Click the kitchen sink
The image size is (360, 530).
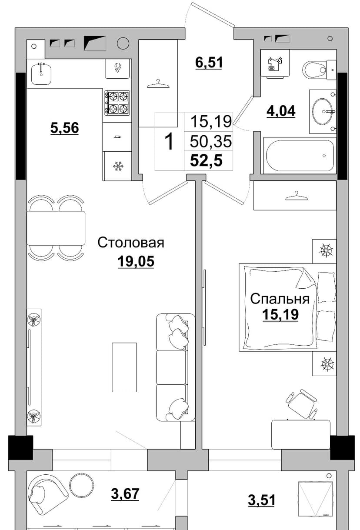[x=41, y=73]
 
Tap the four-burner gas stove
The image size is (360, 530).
[x=117, y=103]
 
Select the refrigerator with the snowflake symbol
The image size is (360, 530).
[x=117, y=166]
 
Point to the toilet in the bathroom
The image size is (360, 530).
[x=319, y=70]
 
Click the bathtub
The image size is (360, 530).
[x=300, y=155]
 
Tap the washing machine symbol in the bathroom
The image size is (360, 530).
[x=275, y=63]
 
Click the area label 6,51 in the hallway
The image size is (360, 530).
[x=209, y=63]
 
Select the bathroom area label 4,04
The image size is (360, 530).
[x=281, y=111]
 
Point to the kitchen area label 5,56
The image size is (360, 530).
[x=65, y=128]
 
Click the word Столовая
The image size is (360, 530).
[x=131, y=243]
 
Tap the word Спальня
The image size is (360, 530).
[x=280, y=299]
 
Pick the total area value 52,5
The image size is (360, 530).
[x=206, y=161]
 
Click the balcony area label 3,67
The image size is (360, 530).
[x=125, y=493]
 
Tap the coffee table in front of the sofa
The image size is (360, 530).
[x=124, y=367]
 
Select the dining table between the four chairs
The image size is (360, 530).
[x=56, y=228]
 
